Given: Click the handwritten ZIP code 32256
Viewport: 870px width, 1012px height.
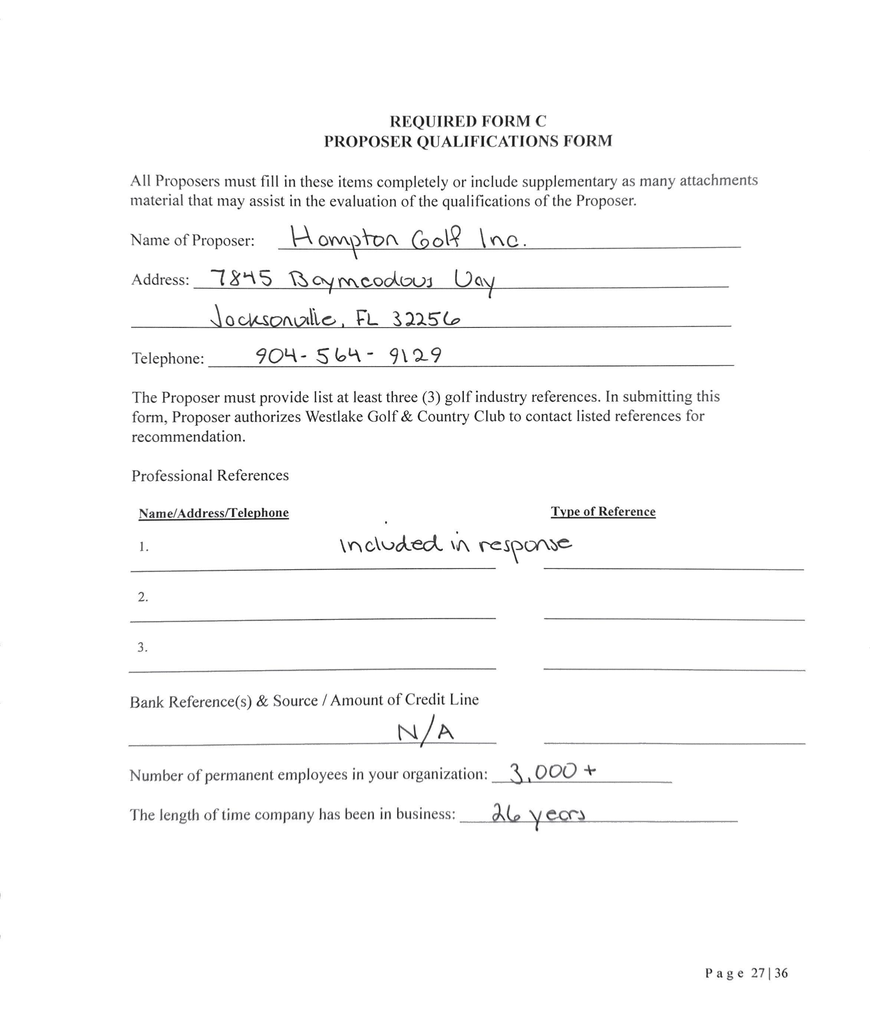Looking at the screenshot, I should click(x=426, y=319).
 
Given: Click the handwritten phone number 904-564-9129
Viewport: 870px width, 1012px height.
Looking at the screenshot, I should click(x=349, y=356).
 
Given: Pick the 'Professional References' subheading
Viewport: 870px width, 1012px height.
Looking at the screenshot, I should click(x=210, y=476).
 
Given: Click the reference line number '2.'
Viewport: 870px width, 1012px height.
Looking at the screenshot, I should click(x=142, y=597).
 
